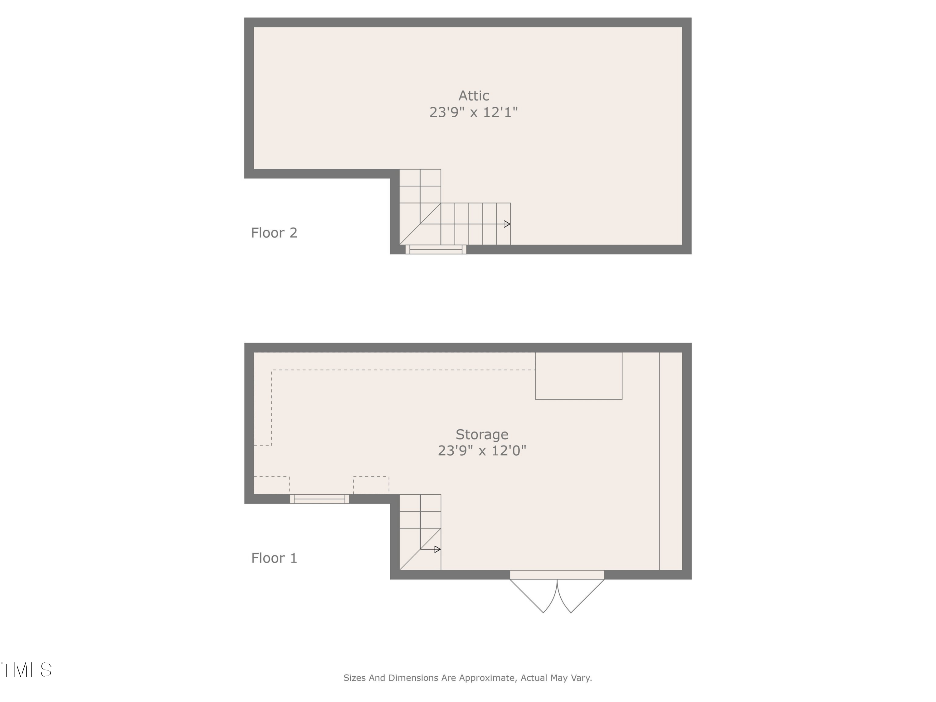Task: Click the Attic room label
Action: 474,96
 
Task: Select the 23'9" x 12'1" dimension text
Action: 474,112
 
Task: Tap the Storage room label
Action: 481,435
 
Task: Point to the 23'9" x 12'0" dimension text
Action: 481,451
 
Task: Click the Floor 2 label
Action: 274,233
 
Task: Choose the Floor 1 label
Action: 274,558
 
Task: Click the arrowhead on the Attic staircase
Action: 507,224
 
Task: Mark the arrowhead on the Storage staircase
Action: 437,549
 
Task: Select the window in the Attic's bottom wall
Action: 436,250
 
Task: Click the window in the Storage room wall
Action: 319,499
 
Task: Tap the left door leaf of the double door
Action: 531,596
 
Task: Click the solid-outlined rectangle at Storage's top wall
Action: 578,376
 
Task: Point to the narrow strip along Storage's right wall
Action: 671,461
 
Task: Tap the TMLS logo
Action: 26,670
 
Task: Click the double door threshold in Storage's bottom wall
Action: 557,575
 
